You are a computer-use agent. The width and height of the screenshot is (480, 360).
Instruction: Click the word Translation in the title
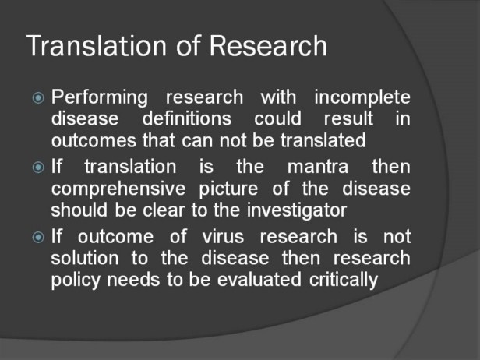[x=97, y=46]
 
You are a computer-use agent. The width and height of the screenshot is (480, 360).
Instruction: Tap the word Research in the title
[x=268, y=46]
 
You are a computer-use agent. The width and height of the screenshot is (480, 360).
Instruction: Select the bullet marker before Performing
[x=38, y=98]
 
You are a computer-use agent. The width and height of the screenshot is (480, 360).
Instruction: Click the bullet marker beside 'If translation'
[x=38, y=168]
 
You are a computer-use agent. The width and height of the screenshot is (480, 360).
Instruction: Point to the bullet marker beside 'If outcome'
[x=38, y=237]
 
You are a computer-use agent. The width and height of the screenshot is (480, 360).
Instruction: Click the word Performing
[x=100, y=98]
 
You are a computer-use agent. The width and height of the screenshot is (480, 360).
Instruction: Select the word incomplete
[x=362, y=98]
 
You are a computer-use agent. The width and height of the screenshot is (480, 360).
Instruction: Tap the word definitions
[x=187, y=118]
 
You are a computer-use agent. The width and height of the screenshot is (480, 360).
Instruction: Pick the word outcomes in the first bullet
[x=94, y=141]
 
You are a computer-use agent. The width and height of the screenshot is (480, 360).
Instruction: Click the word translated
[x=323, y=140]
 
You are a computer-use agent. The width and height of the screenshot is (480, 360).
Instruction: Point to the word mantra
[x=318, y=167]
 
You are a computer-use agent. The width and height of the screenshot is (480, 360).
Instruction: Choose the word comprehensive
[x=118, y=189]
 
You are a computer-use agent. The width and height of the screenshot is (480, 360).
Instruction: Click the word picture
[x=228, y=189]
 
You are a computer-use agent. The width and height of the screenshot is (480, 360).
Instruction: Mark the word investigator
[x=297, y=211]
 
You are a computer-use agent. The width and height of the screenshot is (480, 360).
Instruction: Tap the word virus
[x=223, y=237]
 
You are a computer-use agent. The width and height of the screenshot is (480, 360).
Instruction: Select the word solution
[x=85, y=258]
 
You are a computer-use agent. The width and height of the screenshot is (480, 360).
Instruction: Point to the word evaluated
[x=259, y=280]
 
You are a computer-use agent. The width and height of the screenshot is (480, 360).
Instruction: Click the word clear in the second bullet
[x=164, y=210]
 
